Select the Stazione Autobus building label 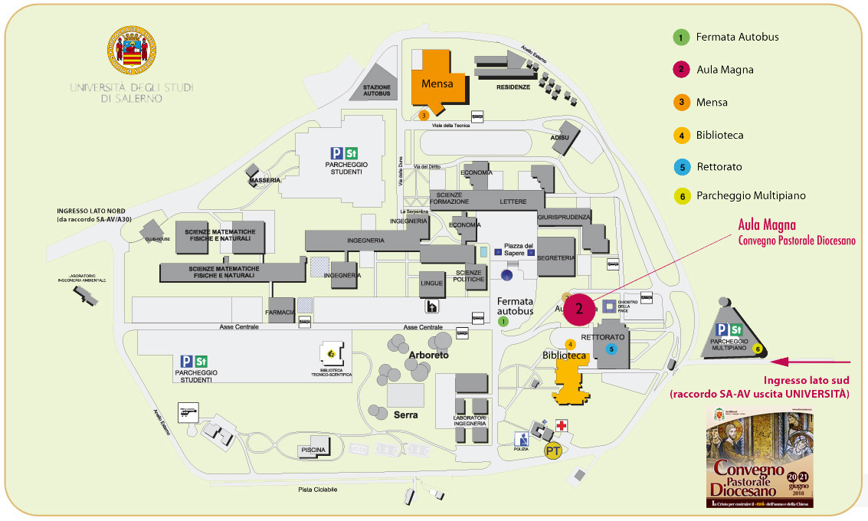pyautogui.click(x=376, y=90)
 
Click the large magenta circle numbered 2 pyautogui.click(x=580, y=309)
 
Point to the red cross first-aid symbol pyautogui.click(x=562, y=425)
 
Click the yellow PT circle pyautogui.click(x=553, y=451)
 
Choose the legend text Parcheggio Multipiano pyautogui.click(x=751, y=195)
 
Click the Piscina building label pyautogui.click(x=313, y=450)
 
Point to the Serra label pyautogui.click(x=405, y=415)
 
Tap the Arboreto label pyautogui.click(x=428, y=356)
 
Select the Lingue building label pyautogui.click(x=432, y=283)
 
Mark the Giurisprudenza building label pyautogui.click(x=565, y=218)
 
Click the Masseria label pyautogui.click(x=263, y=182)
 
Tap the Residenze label pyautogui.click(x=513, y=87)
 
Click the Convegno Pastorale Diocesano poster pyautogui.click(x=759, y=458)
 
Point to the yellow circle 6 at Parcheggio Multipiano pyautogui.click(x=758, y=349)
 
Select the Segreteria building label pyautogui.click(x=556, y=258)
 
